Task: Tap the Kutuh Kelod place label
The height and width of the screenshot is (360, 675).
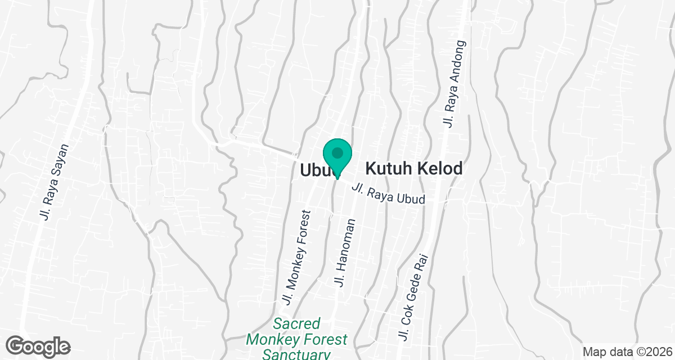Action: click(414, 168)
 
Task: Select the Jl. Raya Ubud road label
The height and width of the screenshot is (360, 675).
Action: click(388, 195)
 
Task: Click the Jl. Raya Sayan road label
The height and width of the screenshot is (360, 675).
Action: click(54, 182)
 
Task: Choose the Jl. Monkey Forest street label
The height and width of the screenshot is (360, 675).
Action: click(297, 258)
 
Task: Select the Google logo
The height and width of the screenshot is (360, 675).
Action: click(38, 345)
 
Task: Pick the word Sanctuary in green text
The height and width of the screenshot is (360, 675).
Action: click(296, 354)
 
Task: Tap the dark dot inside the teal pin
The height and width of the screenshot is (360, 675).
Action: click(337, 152)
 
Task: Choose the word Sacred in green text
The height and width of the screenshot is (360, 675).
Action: click(296, 325)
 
